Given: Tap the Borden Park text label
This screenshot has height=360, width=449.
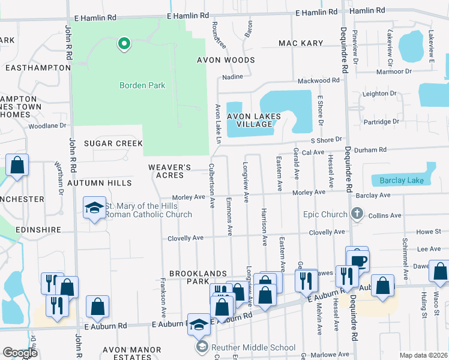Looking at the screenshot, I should [142, 85].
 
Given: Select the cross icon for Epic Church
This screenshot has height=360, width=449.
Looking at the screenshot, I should [357, 214].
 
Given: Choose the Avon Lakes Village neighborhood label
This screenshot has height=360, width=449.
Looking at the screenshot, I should [249, 119].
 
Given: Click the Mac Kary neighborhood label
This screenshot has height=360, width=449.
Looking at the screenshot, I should [301, 43].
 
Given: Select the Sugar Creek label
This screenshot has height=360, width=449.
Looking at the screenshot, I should [113, 143].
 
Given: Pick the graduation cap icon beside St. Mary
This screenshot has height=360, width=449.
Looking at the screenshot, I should [94, 208].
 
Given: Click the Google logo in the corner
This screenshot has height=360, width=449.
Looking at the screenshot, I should [20, 353].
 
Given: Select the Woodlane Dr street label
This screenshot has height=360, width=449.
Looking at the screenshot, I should [47, 125].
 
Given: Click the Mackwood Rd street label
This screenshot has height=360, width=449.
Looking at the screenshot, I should [322, 80].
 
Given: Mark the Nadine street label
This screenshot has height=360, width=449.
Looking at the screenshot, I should [232, 77].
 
